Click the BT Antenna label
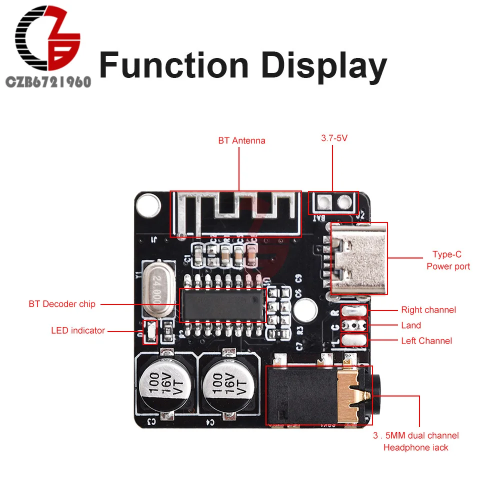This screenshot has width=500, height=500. tap(241, 140)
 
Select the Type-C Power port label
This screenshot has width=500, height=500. tap(448, 260)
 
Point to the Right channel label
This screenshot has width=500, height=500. tap(428, 310)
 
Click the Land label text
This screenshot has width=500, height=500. tap(411, 325)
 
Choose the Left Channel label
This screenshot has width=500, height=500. tap(426, 341)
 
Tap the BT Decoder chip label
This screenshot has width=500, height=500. tap(62, 304)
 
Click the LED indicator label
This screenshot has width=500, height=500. tap(78, 330)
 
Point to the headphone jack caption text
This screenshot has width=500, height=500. tap(415, 441)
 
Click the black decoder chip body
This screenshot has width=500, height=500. tap(223, 304)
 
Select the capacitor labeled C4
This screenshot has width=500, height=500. tap(225, 384)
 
